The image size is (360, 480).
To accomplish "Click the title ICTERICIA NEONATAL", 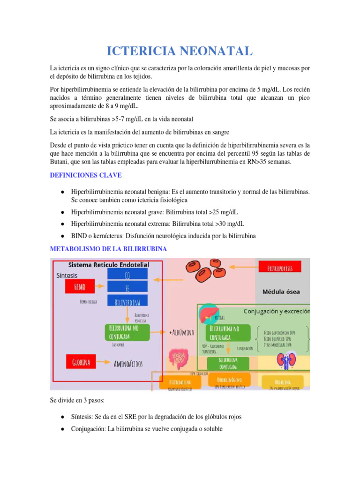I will pos(180,51).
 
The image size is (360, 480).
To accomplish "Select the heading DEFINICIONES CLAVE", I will pos(86,175).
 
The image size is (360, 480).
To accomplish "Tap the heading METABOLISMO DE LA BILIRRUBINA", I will pos(108,249).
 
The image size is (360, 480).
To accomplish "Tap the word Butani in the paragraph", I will pos(60,162).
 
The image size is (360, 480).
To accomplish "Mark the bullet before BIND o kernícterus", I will pos(62,235).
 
